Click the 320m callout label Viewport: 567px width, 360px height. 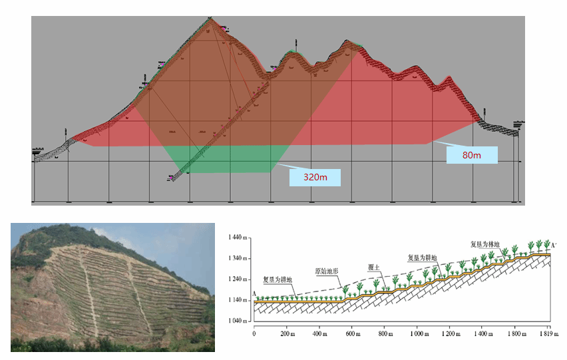(x=315, y=177)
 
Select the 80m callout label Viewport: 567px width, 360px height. (x=472, y=155)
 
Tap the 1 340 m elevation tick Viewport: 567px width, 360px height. (x=238, y=259)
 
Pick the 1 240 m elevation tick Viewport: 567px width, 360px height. (x=238, y=279)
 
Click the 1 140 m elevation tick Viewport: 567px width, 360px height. (x=238, y=300)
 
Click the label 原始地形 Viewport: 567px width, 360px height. (x=327, y=271)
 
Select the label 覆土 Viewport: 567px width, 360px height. (x=373, y=267)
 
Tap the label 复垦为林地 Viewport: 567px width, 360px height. (x=484, y=244)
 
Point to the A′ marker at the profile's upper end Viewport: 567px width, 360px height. (x=554, y=246)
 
